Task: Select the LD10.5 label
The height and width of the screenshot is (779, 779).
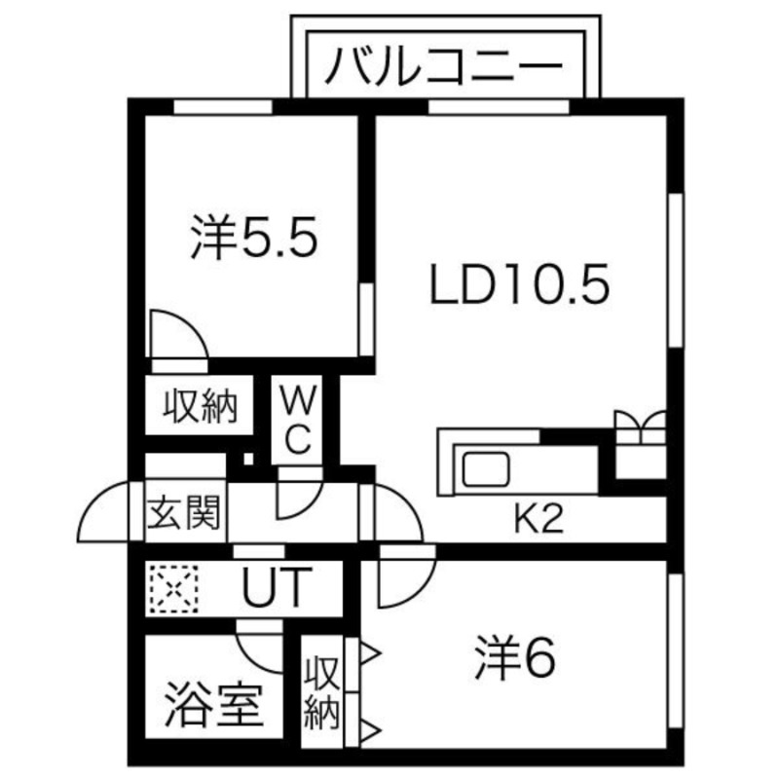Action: (520, 286)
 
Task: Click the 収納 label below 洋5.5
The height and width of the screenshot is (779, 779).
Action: (200, 404)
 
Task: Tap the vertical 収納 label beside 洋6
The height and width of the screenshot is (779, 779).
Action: (321, 693)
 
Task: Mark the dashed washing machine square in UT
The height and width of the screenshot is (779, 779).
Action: (171, 588)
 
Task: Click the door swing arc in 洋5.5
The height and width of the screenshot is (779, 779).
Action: (178, 336)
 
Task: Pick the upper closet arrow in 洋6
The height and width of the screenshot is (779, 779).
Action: (370, 651)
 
